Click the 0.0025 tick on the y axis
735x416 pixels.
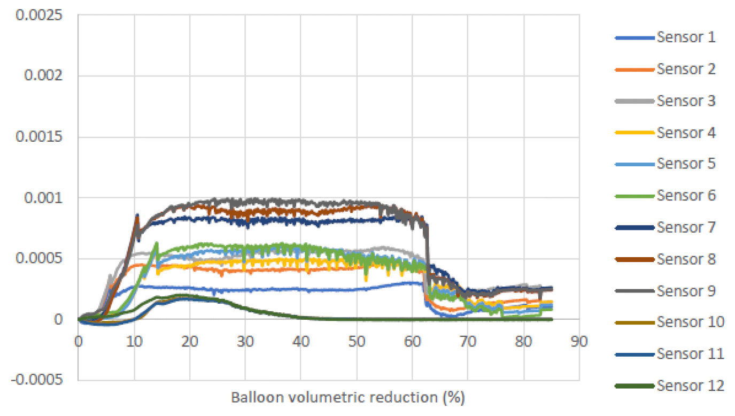pyautogui.click(x=46, y=14)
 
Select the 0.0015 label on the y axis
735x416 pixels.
pyautogui.click(x=46, y=137)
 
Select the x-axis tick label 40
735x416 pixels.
pyautogui.click(x=301, y=341)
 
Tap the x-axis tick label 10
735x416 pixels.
pyautogui.click(x=134, y=341)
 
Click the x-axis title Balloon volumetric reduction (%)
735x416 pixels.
pyautogui.click(x=348, y=398)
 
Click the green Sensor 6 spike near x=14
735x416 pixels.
pyautogui.click(x=157, y=243)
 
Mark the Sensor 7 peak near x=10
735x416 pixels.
pyautogui.click(x=137, y=215)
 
